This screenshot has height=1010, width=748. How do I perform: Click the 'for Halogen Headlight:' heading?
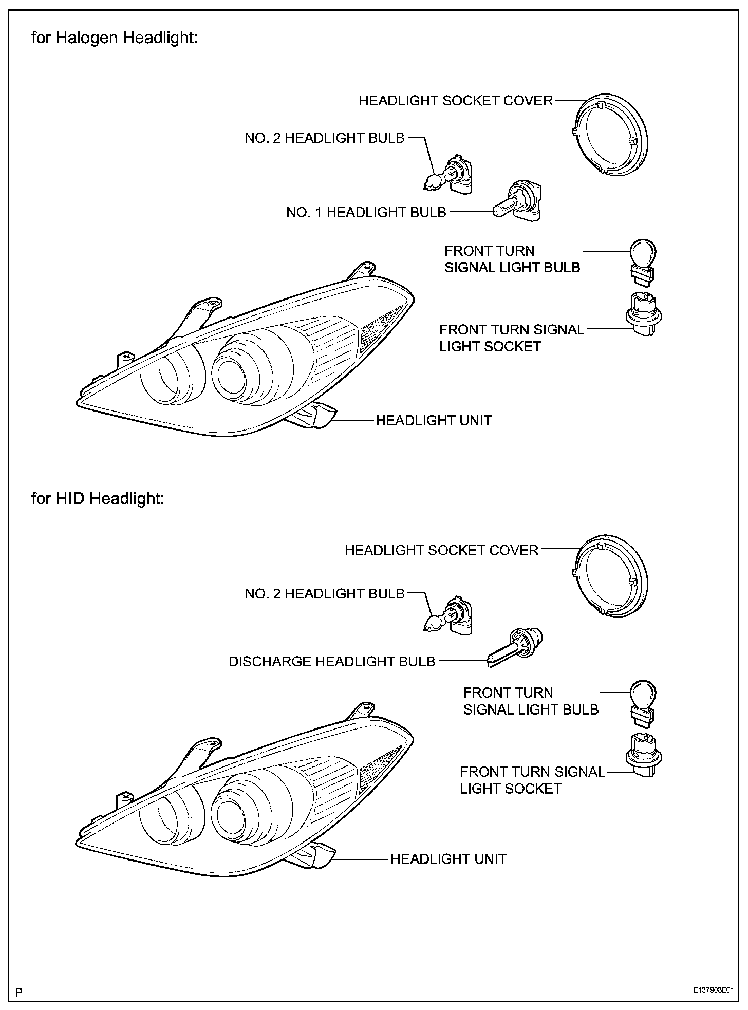point(114,39)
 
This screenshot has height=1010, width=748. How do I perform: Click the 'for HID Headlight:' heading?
point(98,498)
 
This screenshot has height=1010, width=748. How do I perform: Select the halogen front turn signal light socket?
point(642,314)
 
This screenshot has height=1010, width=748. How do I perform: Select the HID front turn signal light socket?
point(643,755)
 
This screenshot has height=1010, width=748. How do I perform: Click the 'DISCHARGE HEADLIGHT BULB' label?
point(332,662)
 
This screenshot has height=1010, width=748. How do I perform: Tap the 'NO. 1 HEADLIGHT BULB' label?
point(366,212)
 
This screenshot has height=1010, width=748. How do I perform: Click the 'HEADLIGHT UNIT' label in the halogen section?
point(434,420)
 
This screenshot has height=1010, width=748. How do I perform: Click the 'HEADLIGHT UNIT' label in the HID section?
point(448,859)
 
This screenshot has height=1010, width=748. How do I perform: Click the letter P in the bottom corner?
point(19,992)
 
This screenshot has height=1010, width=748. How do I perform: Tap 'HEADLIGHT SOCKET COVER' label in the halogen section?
point(456,101)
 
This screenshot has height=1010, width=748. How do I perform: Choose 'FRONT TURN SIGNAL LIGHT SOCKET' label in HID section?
point(532,780)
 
